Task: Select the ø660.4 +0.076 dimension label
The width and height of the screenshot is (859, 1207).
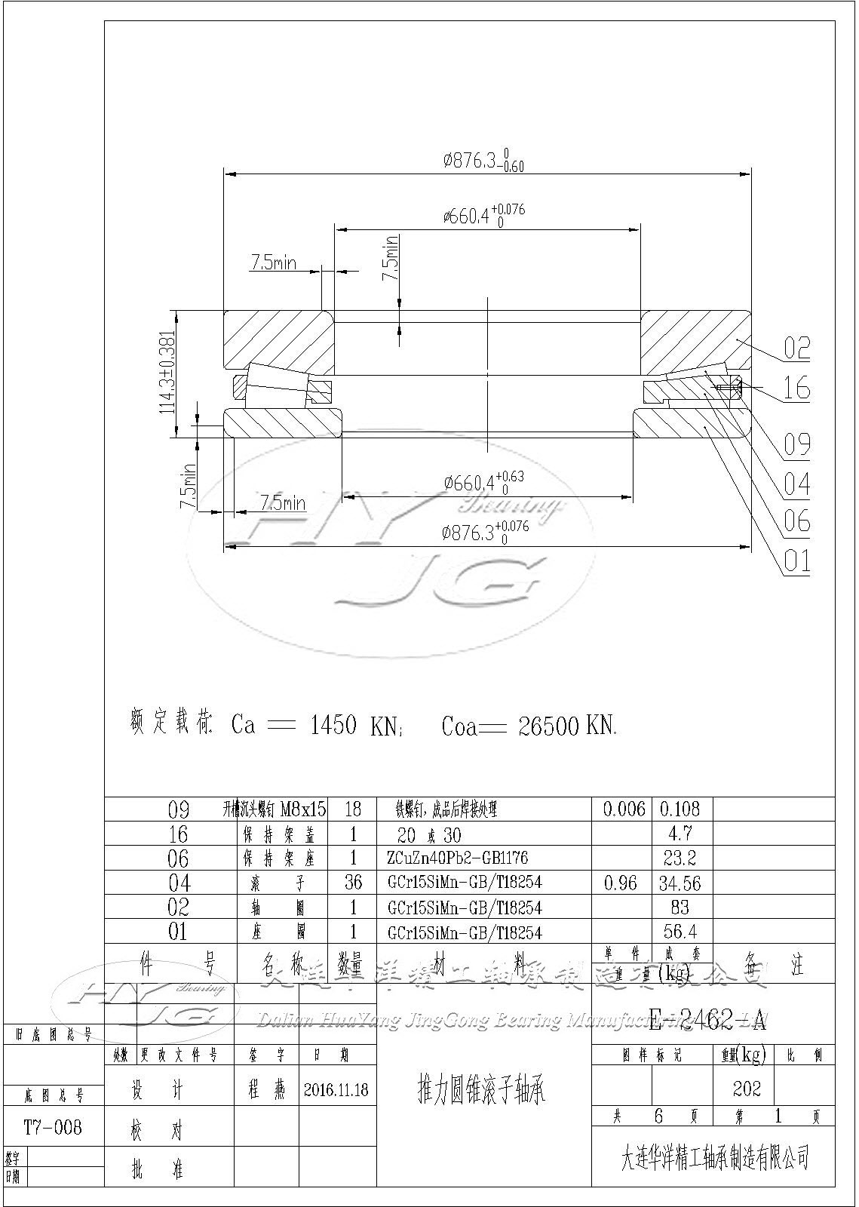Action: [483, 215]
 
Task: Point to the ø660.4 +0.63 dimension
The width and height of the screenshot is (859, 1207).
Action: [483, 482]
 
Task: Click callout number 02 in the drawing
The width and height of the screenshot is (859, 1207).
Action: [796, 348]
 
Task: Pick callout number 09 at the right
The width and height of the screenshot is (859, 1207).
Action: [796, 444]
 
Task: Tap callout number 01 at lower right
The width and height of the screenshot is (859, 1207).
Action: [796, 561]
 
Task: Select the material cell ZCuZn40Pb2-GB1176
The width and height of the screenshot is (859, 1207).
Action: [457, 858]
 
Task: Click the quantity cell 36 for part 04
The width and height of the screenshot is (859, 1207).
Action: [352, 882]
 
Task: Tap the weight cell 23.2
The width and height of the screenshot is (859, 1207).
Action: [680, 858]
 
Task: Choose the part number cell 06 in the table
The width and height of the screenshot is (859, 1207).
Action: [178, 858]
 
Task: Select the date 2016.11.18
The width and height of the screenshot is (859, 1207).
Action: [336, 1089]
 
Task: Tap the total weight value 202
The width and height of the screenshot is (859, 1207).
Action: [746, 1089]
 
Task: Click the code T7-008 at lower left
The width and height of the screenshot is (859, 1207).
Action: [53, 1128]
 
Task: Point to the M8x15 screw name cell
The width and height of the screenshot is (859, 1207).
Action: [275, 809]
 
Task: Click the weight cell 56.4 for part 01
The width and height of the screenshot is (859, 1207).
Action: [680, 932]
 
